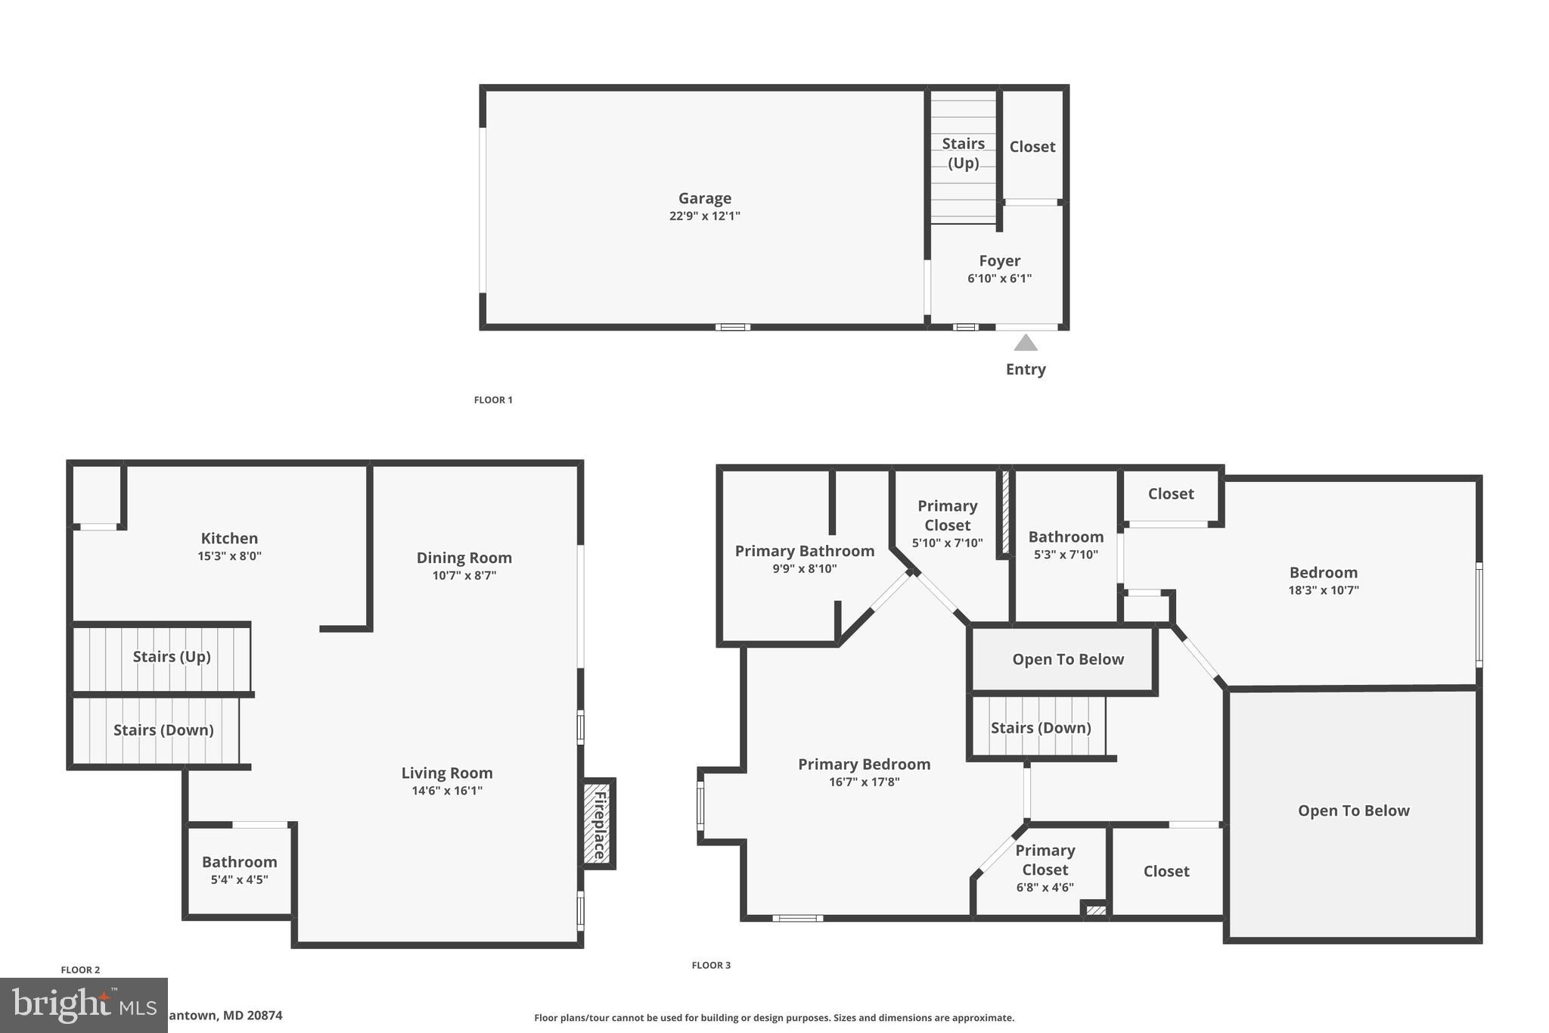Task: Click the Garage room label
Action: [704, 198]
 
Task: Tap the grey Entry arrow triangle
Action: [1026, 344]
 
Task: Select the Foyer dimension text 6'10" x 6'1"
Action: [999, 278]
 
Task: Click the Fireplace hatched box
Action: [599, 824]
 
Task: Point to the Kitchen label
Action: [229, 538]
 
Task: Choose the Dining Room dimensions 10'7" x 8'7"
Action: [464, 575]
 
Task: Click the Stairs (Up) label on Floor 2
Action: [172, 656]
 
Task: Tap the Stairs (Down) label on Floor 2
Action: [163, 730]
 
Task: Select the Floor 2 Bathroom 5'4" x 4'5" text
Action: [239, 879]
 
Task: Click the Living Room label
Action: [446, 773]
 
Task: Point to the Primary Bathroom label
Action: [804, 551]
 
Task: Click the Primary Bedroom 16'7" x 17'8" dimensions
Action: [864, 783]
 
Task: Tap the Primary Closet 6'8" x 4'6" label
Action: [1045, 887]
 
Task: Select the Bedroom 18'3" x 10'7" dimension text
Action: [1323, 590]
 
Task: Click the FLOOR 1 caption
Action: [493, 400]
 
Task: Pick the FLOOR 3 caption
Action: [711, 965]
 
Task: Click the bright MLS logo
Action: [83, 1005]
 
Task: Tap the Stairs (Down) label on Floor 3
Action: [1040, 727]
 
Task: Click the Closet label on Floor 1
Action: [1032, 147]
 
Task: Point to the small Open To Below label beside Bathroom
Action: [1067, 659]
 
